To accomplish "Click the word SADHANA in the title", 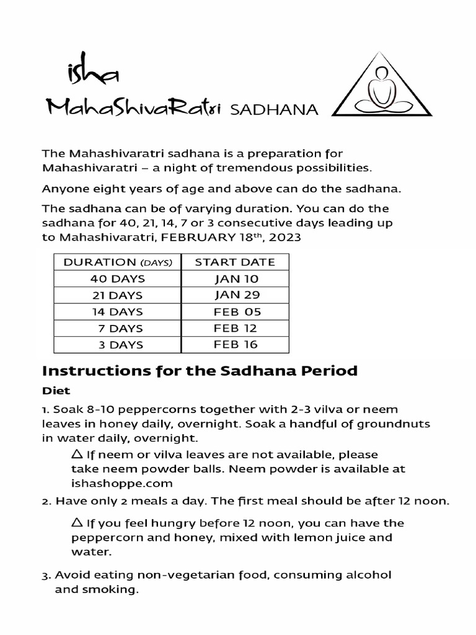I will [274, 110].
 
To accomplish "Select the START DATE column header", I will [235, 262].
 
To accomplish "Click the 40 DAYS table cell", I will [117, 278].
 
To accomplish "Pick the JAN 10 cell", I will [235, 278].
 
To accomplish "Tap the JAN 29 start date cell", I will [235, 295].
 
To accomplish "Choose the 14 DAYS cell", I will [117, 311].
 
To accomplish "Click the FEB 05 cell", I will [235, 311].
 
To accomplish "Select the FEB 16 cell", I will [235, 344].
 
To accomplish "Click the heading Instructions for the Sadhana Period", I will [200, 371].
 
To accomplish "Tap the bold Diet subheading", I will [56, 391].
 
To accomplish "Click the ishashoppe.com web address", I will [121, 482].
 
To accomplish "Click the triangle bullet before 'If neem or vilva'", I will [77, 455].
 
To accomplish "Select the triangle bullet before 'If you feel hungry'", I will [77, 522].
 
